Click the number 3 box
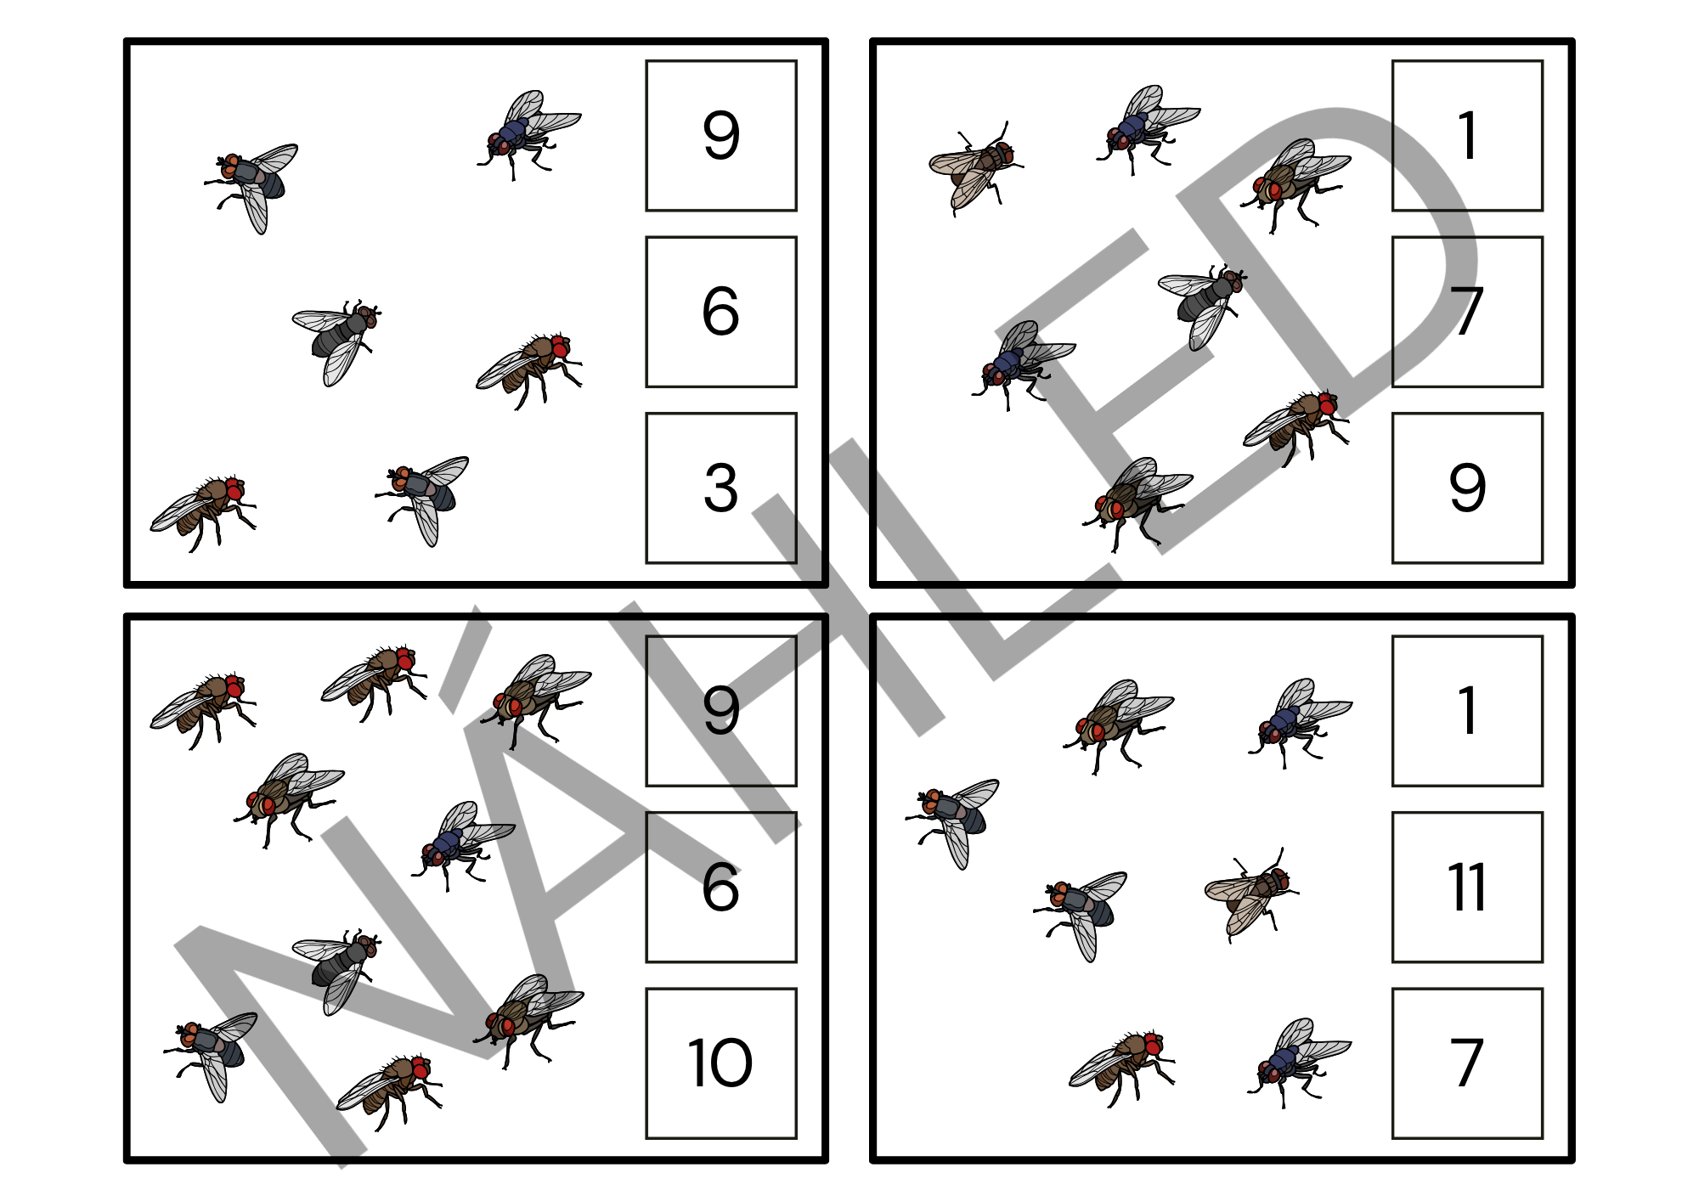pos(721,488)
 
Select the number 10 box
pos(721,1063)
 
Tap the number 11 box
pos(1467,888)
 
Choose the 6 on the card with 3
pos(721,312)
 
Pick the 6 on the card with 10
pos(721,888)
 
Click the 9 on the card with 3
pos(721,136)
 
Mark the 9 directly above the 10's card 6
pos(721,711)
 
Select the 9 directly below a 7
pos(1467,488)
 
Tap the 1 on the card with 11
pos(1467,711)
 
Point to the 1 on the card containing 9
pos(1467,136)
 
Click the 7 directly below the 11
pos(1467,1063)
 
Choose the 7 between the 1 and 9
pos(1467,312)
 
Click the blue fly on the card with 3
pos(528,134)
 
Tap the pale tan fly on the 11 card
pos(1251,894)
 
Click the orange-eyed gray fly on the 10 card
pos(210,1056)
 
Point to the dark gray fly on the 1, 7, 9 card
pos(1201,305)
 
